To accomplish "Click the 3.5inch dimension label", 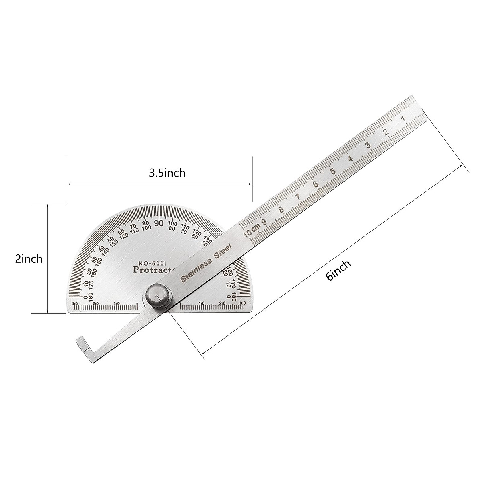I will [x=167, y=173].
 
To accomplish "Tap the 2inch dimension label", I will [x=29, y=258].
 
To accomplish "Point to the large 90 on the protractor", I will [x=159, y=223].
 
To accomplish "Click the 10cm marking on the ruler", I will [x=251, y=231].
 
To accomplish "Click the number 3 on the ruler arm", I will [x=367, y=146].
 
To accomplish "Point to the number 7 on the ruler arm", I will [x=297, y=197].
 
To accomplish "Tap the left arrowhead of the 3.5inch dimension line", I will [x=69, y=184].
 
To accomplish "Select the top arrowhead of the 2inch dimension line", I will [x=48, y=205].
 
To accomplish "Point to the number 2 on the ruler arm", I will [x=385, y=132].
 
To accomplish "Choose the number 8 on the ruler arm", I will [x=281, y=210].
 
